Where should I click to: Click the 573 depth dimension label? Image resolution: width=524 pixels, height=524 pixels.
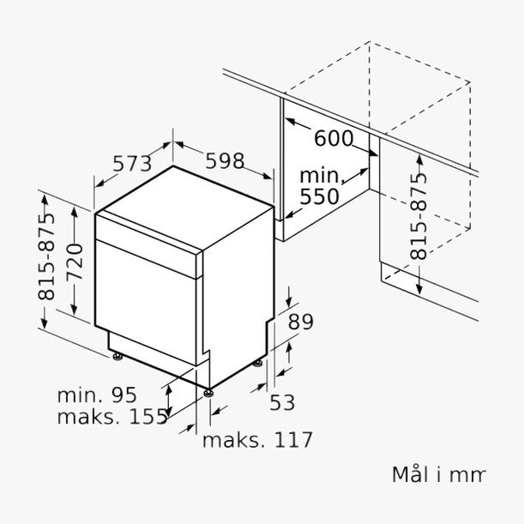point(132,164)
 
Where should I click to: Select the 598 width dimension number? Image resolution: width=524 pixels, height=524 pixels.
point(225,160)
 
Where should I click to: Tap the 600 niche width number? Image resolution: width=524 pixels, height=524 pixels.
point(333,138)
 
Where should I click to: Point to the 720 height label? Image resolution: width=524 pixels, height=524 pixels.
point(75,262)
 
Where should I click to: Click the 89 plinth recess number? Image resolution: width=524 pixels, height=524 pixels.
point(301,322)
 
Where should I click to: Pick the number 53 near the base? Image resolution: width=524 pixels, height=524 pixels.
point(282,402)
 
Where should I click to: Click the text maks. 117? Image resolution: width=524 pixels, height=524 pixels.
point(257,440)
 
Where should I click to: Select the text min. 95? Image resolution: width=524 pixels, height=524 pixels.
point(97,395)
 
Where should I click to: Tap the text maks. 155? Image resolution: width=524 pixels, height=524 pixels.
point(112,417)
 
